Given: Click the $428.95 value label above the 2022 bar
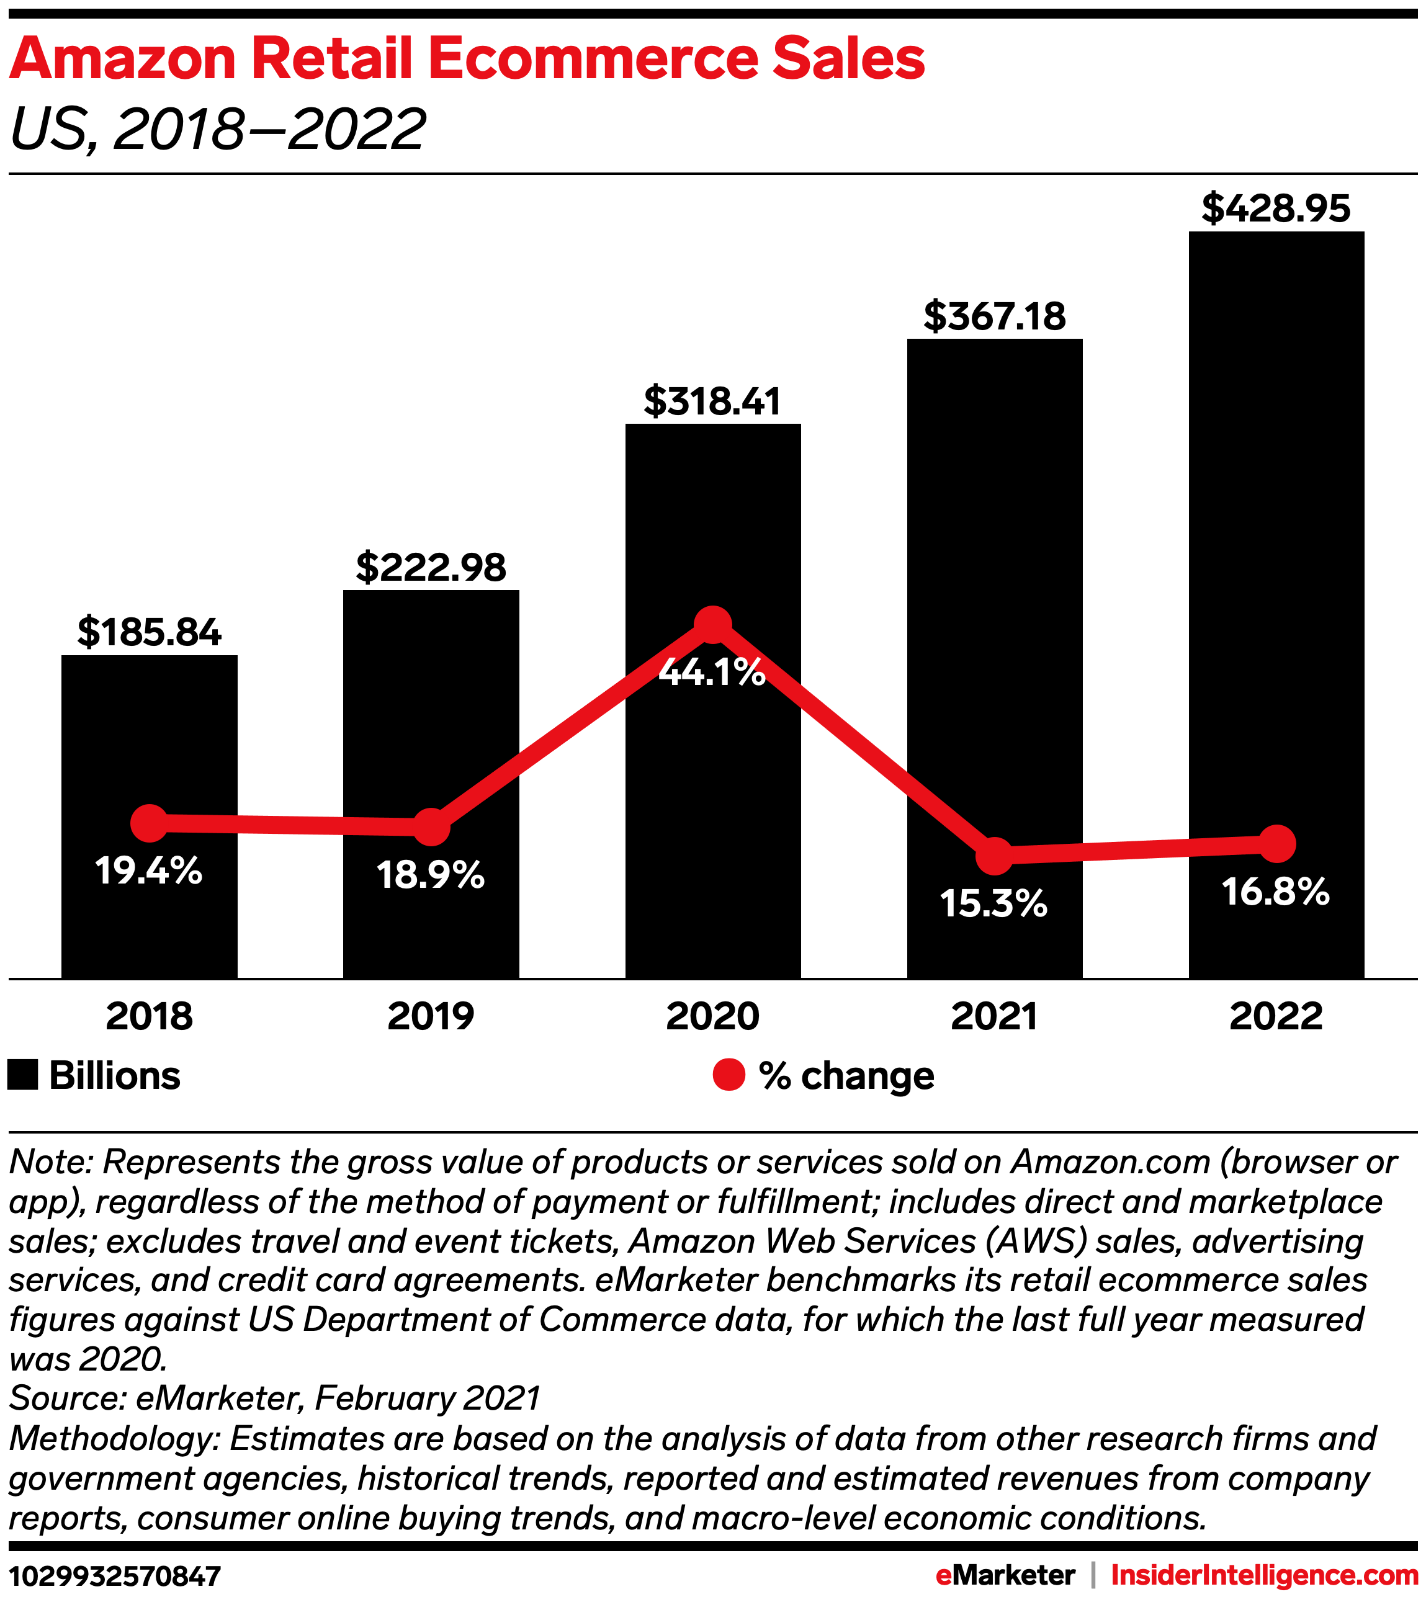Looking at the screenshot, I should [1276, 208].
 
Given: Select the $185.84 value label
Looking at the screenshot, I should [149, 632].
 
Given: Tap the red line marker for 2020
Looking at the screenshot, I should [712, 624].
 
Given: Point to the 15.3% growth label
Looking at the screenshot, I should [994, 903].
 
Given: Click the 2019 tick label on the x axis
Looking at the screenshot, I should [431, 1016].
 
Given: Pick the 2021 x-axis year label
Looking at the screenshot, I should [994, 1016].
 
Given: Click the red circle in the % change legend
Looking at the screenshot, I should [729, 1075].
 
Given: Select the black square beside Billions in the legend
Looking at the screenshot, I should [23, 1075].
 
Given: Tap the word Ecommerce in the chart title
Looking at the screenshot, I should [593, 60].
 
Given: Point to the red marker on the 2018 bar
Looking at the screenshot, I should [149, 823].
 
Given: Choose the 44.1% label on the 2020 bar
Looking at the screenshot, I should [712, 673].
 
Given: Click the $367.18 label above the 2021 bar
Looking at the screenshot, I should [994, 316].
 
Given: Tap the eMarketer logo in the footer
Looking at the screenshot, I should [1005, 1575].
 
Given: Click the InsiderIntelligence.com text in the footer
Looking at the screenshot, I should [1265, 1575].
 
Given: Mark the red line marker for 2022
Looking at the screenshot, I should [1276, 844].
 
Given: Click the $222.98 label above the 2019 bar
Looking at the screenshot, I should [431, 568].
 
